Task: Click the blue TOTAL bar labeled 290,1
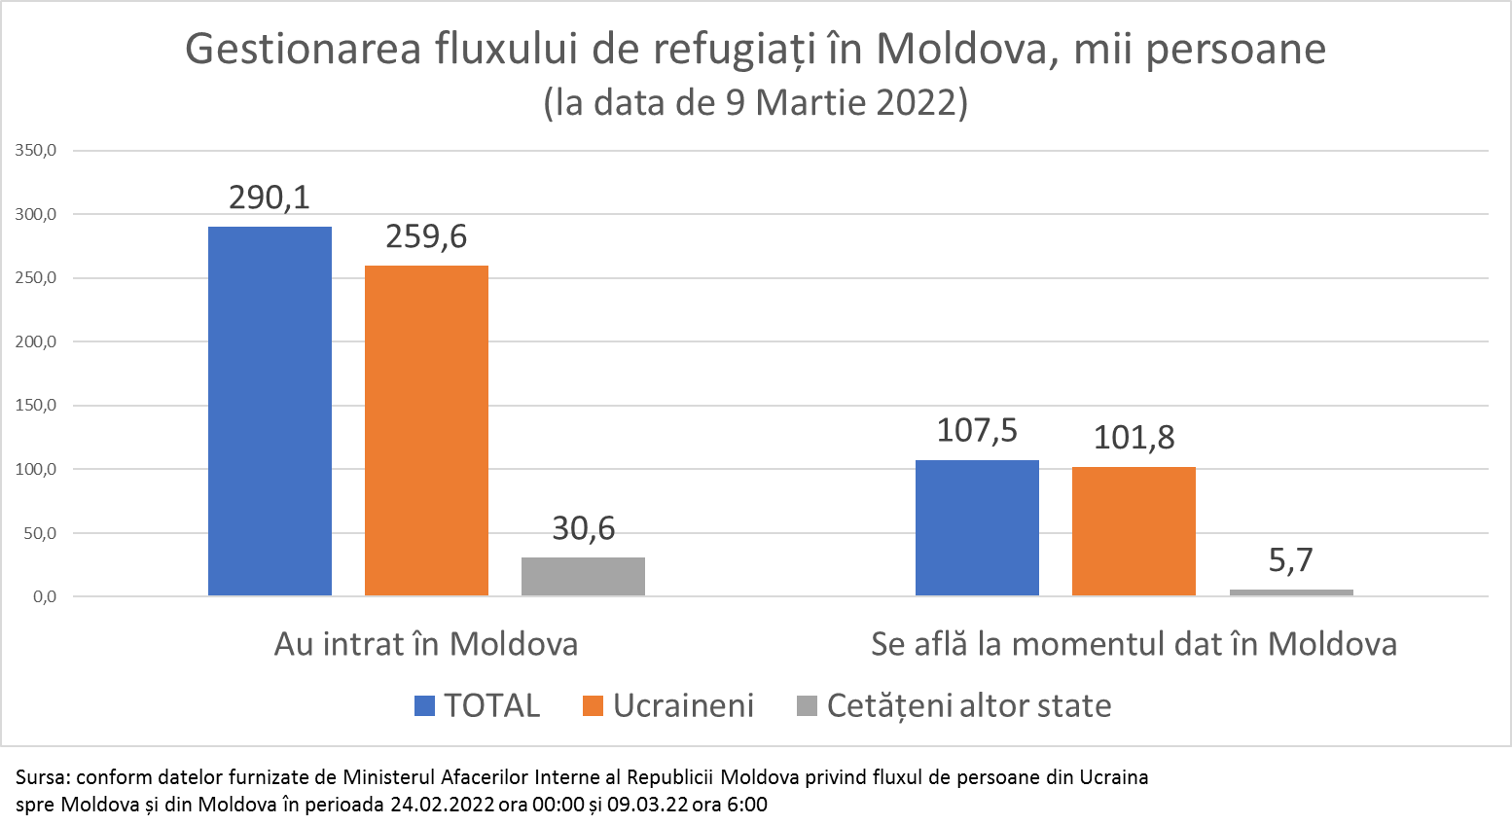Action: [x=270, y=411]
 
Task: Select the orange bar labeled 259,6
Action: [x=426, y=430]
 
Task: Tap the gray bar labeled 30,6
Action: [x=583, y=576]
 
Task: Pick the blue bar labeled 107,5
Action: [x=977, y=527]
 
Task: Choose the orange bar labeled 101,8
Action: [x=1134, y=531]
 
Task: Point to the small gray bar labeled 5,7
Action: [x=1291, y=592]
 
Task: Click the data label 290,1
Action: [x=270, y=197]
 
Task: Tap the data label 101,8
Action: [x=1134, y=438]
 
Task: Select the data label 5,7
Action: [x=1291, y=560]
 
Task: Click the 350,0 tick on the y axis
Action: [x=36, y=151]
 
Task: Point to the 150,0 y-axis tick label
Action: [x=36, y=406]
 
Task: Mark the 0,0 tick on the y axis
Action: [x=44, y=596]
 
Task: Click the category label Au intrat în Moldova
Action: [x=426, y=644]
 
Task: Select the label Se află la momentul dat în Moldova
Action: [x=1134, y=644]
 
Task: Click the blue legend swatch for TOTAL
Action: [x=424, y=706]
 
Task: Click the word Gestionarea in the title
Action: [x=303, y=50]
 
